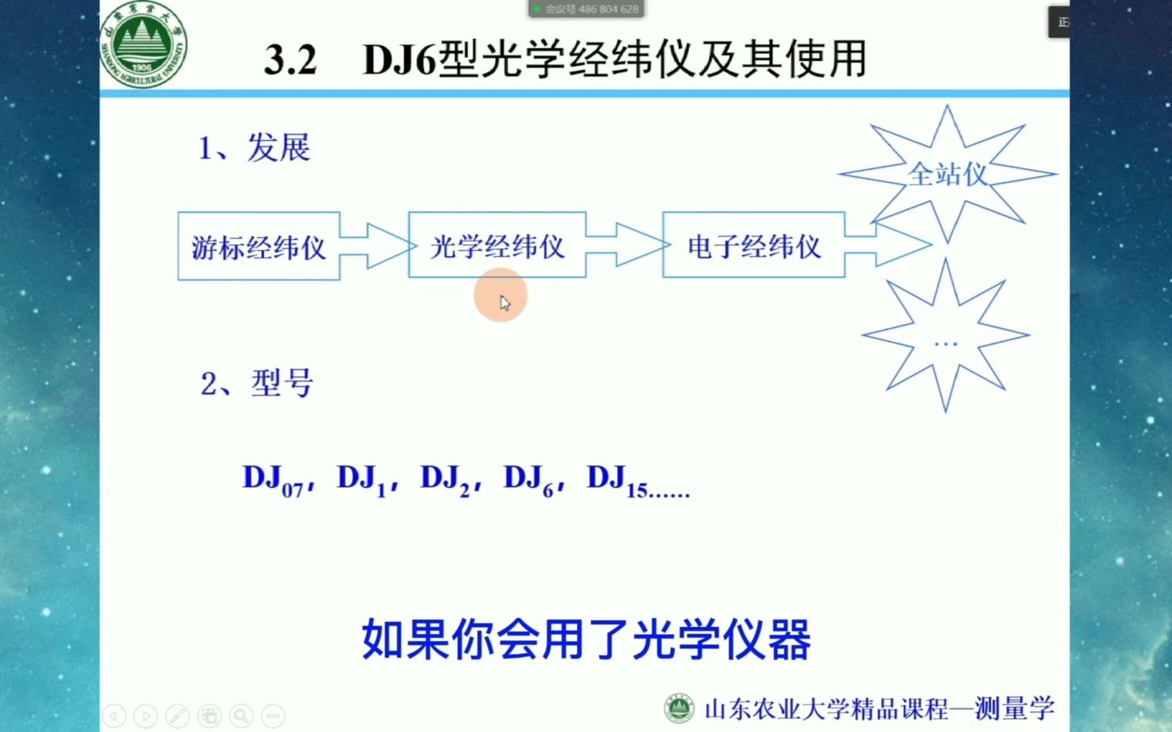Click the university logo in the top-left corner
(x=143, y=46)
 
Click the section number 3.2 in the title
(x=290, y=60)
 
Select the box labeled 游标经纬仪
(x=258, y=247)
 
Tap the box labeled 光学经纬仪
(x=497, y=245)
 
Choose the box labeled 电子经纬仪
(x=754, y=245)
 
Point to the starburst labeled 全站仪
(x=947, y=174)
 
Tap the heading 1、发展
(x=254, y=148)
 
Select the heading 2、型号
(x=256, y=384)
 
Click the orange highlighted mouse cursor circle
(x=501, y=296)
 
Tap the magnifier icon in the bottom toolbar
(x=241, y=716)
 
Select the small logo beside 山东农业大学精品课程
(x=678, y=709)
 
